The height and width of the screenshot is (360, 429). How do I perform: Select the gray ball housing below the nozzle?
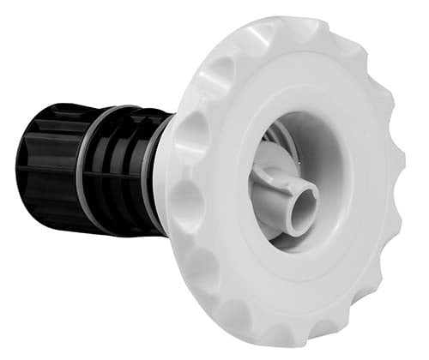coord(273,225)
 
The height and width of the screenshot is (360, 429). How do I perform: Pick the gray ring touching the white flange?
coord(154,171)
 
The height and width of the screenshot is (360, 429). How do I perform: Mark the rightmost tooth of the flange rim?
coord(410,171)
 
